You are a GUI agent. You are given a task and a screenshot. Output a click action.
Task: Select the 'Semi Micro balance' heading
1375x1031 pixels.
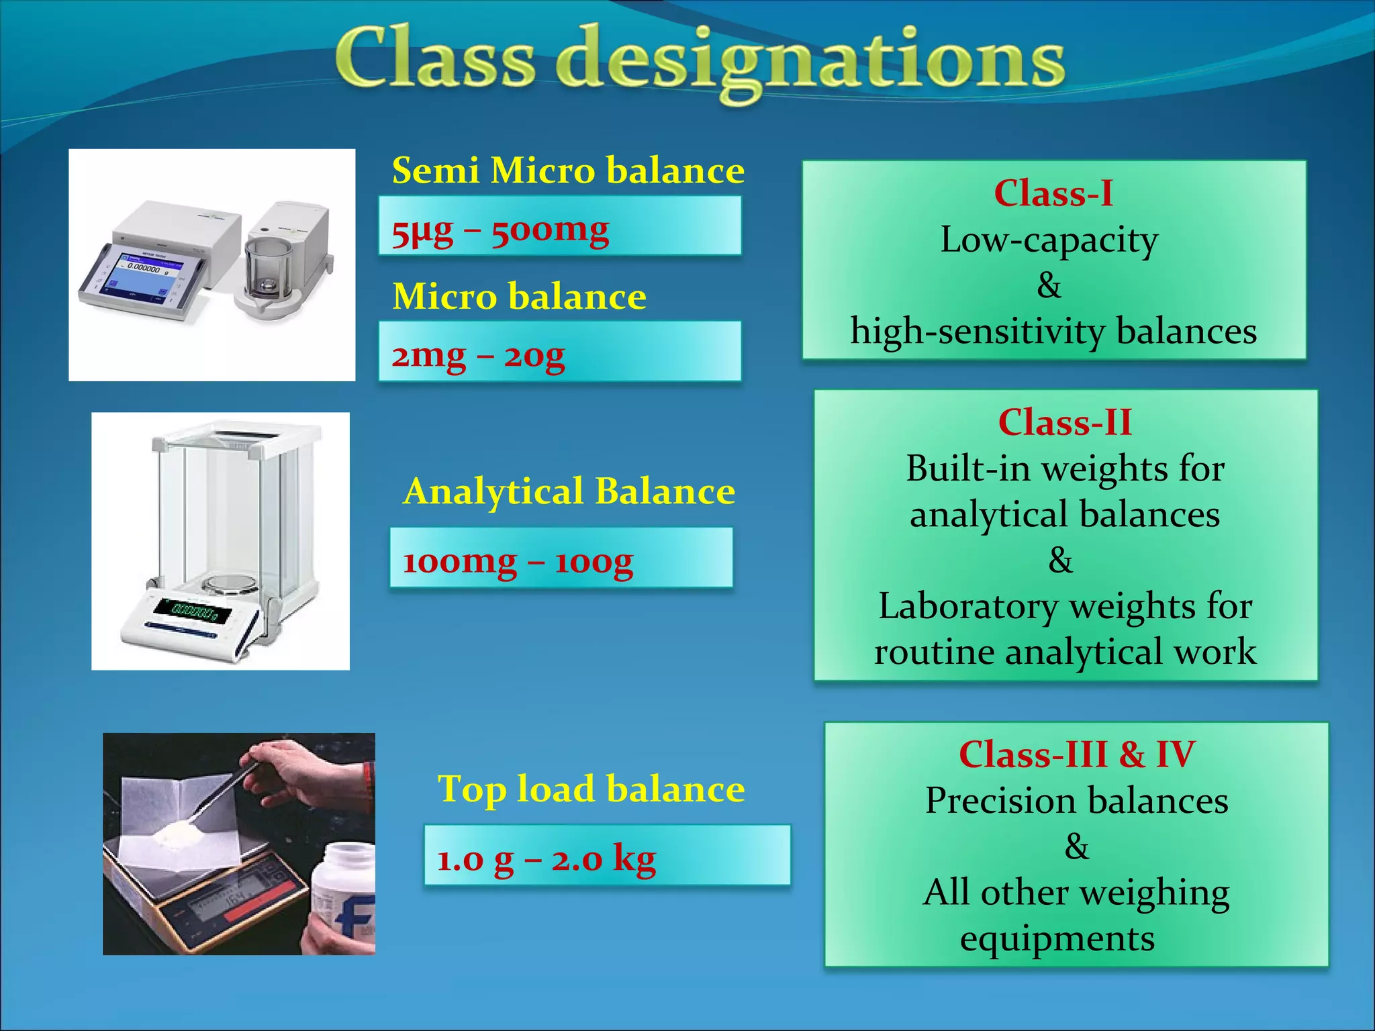[568, 170]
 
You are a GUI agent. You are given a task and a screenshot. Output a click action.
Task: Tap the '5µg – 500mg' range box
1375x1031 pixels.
[559, 226]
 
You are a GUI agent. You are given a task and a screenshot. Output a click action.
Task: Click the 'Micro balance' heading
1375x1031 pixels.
[519, 296]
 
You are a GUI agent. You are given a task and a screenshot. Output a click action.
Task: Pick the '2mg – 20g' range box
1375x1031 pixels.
[559, 351]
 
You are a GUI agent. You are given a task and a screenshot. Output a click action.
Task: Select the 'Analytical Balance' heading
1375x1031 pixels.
[569, 491]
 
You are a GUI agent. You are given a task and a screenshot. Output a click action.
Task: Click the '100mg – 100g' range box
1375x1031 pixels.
[561, 557]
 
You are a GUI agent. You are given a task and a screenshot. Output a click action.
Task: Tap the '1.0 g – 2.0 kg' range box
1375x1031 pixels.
[606, 855]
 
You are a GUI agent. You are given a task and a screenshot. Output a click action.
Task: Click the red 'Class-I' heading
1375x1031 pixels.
[1053, 193]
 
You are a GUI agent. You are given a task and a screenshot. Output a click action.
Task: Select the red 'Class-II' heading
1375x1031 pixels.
[1065, 422]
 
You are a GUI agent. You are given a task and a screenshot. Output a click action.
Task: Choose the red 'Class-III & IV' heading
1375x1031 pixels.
[1076, 754]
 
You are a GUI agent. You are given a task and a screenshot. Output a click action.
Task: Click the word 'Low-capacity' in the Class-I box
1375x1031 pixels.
[1049, 240]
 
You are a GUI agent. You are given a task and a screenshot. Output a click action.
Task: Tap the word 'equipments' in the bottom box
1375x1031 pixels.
[1057, 938]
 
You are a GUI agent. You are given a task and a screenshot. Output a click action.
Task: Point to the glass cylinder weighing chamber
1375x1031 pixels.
[268, 265]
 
